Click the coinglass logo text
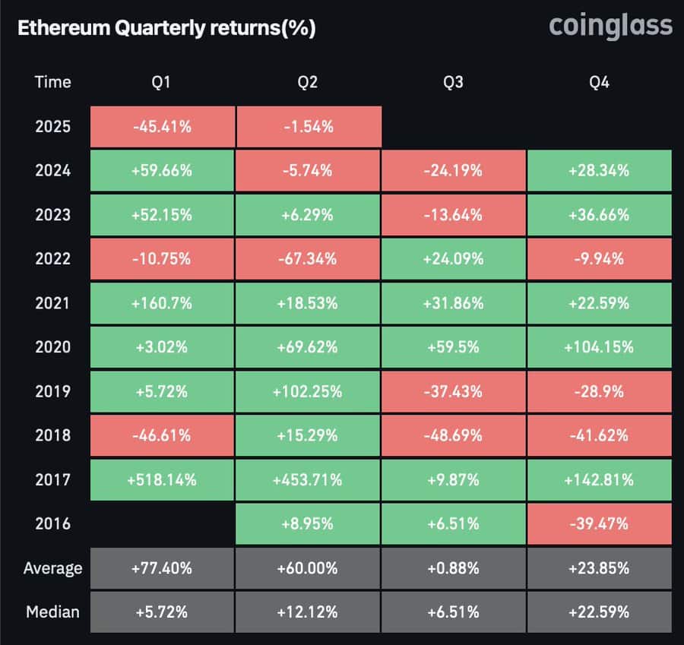(x=610, y=27)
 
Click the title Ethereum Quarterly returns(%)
(x=166, y=29)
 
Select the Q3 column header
(x=453, y=82)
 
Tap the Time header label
(x=52, y=82)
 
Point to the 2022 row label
(x=52, y=259)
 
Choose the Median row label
(x=52, y=612)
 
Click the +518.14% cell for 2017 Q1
(x=161, y=479)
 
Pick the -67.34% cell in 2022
(x=308, y=259)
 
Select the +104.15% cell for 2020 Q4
(x=599, y=347)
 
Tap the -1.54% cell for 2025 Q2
(x=308, y=127)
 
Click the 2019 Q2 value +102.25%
(x=308, y=391)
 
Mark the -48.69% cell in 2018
(x=453, y=435)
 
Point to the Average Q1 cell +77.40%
(x=161, y=568)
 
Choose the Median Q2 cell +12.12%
(x=308, y=612)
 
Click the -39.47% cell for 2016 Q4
(x=599, y=523)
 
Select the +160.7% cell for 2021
(x=161, y=303)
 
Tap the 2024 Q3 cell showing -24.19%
(x=453, y=171)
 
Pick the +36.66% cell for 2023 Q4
(x=599, y=215)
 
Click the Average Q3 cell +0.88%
(x=453, y=568)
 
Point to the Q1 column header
(x=161, y=82)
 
